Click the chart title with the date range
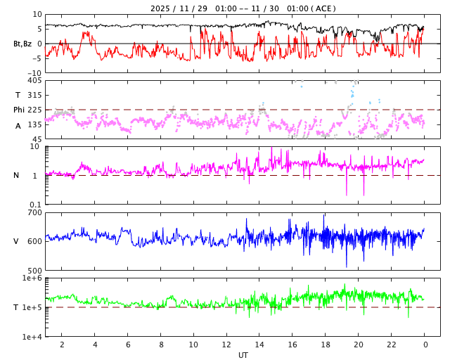click(x=243, y=8)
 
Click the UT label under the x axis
click(x=243, y=355)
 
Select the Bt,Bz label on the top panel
click(x=22, y=44)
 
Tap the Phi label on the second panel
click(x=19, y=110)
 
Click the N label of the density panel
click(x=16, y=175)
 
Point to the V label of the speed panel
click(x=16, y=241)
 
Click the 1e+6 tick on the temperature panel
click(x=32, y=278)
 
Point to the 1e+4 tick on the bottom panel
click(x=32, y=336)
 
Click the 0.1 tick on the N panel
click(x=34, y=204)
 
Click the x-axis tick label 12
click(x=226, y=345)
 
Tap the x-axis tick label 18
click(x=326, y=345)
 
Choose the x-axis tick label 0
click(x=425, y=345)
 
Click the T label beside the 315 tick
click(x=18, y=95)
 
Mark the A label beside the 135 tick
click(x=18, y=125)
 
